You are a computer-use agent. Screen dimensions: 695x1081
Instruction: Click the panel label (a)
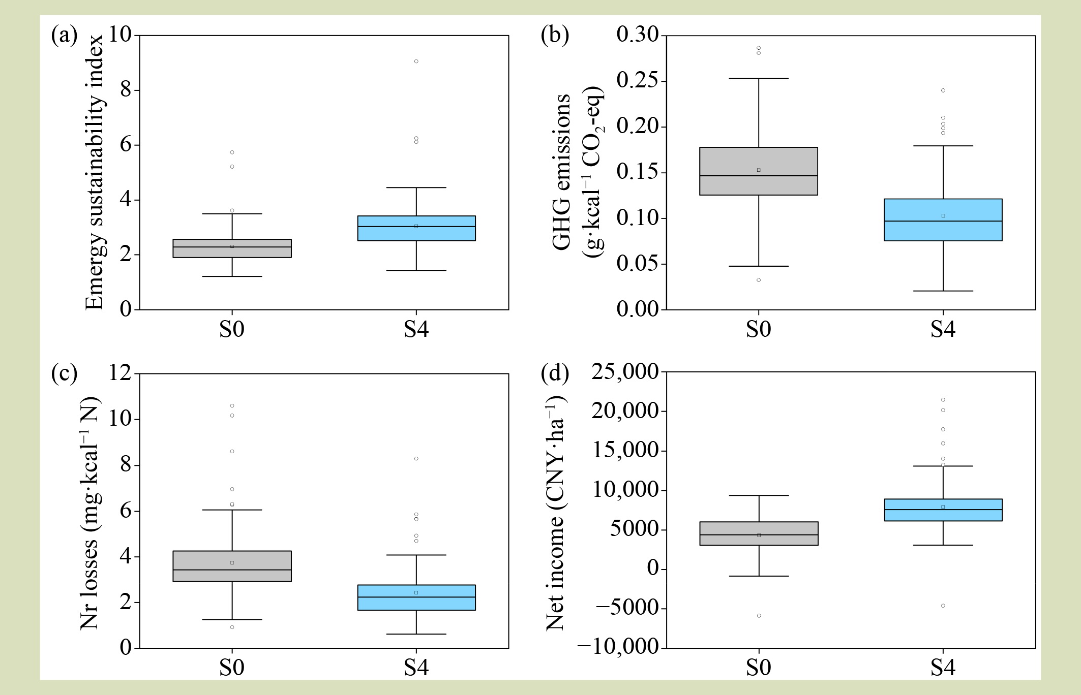(64, 37)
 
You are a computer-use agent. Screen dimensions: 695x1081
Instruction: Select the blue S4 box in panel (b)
(943, 219)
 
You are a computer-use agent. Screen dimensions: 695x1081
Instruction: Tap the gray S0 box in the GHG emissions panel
(758, 171)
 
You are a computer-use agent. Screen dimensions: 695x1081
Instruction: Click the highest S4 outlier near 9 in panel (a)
(416, 61)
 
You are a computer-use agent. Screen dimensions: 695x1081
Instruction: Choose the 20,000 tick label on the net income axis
(625, 410)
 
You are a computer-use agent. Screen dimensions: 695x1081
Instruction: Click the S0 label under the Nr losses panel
(232, 667)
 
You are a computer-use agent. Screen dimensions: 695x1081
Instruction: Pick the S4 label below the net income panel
(943, 667)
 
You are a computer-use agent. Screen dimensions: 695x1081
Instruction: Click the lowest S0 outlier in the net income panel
(759, 616)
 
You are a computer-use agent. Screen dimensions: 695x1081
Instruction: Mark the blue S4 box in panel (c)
(416, 597)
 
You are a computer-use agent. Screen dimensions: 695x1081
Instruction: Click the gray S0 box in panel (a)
(232, 248)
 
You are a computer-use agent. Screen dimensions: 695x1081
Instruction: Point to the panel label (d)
(554, 374)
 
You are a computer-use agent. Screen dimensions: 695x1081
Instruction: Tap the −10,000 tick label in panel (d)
(618, 647)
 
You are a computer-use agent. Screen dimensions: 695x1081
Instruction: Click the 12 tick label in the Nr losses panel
(120, 373)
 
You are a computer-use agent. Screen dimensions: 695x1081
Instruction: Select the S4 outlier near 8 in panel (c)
(416, 459)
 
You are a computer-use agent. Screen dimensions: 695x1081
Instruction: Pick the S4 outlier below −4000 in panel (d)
(943, 606)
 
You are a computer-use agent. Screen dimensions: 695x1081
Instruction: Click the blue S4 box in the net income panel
(943, 510)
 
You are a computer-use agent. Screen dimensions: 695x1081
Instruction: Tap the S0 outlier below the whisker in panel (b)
(759, 280)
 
